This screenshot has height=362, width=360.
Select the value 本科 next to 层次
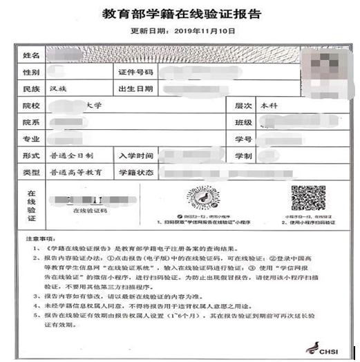[268, 106]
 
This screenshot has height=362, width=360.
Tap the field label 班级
[243, 122]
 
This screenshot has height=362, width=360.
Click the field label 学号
[243, 139]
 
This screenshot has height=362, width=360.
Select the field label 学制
[243, 155]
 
